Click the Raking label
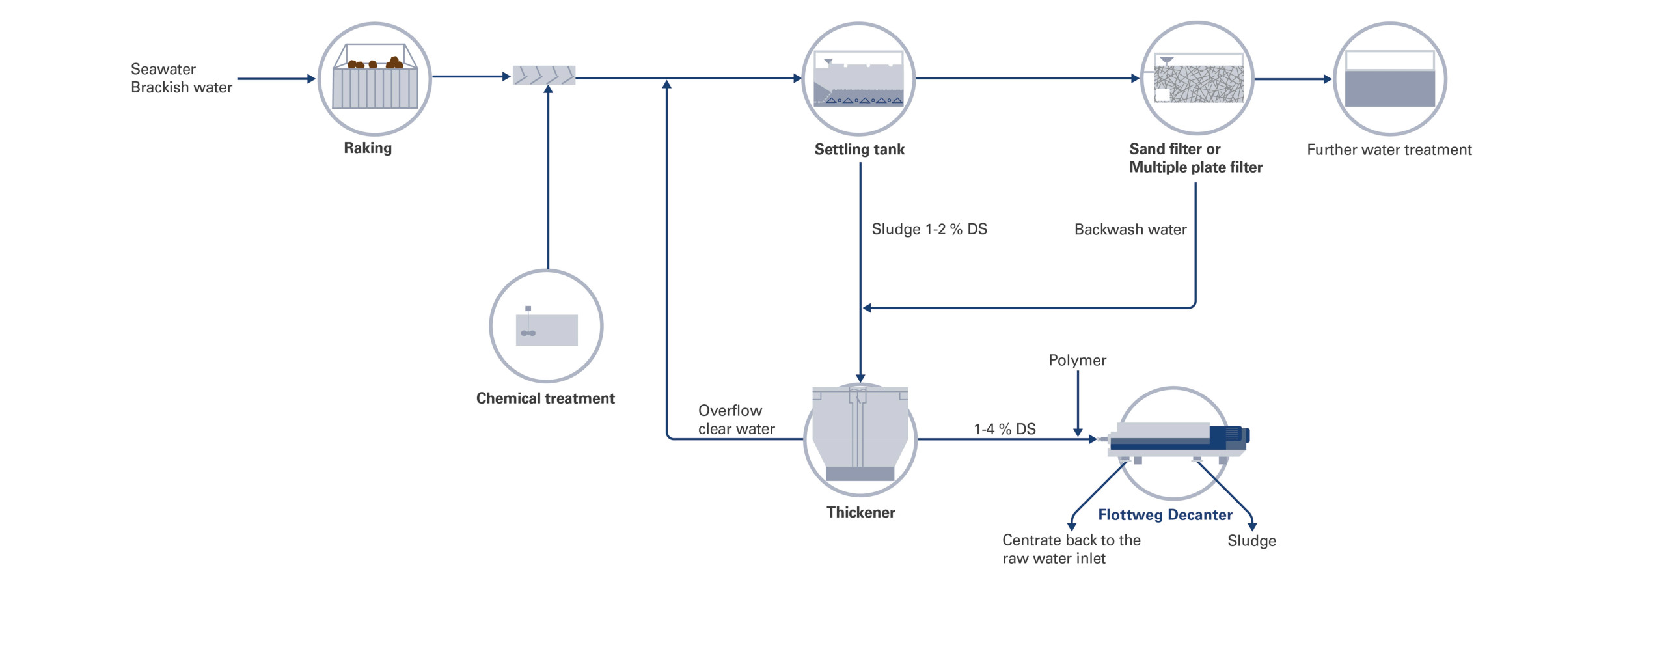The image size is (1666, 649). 368,148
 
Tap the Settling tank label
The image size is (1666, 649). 859,150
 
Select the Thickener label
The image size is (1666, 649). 860,513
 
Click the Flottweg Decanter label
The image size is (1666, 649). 1165,515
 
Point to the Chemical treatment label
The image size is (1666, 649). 545,398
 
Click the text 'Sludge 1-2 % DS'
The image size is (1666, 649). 929,229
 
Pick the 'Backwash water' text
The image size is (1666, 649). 1130,230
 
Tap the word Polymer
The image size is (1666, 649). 1077,361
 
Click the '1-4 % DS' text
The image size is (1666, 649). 1004,429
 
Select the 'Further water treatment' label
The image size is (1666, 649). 1389,150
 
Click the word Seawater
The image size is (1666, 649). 163,69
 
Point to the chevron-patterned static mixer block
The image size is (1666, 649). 544,76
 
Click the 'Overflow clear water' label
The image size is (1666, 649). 736,420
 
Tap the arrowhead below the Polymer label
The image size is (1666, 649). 1078,432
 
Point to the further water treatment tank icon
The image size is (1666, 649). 1389,79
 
